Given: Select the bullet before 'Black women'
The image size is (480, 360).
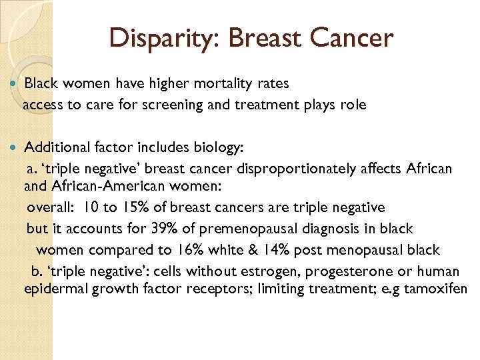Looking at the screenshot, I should (x=14, y=84).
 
